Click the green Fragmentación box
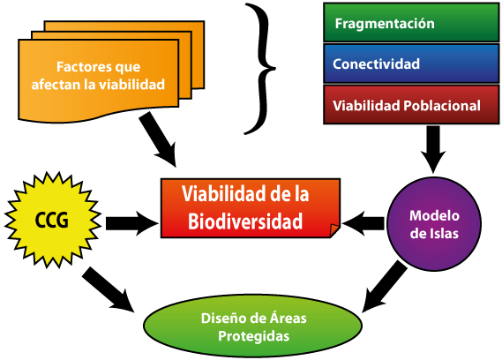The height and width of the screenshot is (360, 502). click(x=411, y=22)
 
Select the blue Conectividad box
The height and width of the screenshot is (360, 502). click(x=411, y=64)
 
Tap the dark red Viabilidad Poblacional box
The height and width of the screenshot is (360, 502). click(x=411, y=104)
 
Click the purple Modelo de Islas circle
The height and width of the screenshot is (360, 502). click(x=434, y=224)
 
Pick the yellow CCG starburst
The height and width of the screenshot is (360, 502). click(x=53, y=220)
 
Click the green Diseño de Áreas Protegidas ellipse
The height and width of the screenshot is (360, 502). click(x=253, y=326)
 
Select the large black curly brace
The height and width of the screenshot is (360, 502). click(x=260, y=68)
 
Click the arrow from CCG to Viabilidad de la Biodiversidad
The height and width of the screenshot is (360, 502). click(x=132, y=223)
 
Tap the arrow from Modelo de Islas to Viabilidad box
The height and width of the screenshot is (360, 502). click(x=363, y=223)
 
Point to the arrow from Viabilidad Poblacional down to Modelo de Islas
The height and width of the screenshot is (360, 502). click(x=433, y=149)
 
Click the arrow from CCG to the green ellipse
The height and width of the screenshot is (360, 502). click(x=108, y=289)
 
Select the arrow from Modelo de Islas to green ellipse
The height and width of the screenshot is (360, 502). click(x=385, y=286)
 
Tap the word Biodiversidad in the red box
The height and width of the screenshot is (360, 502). click(x=245, y=221)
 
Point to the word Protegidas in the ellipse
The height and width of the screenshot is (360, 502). click(x=253, y=336)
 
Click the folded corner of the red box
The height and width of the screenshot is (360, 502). click(x=334, y=229)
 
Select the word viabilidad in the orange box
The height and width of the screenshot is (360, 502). click(x=131, y=84)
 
